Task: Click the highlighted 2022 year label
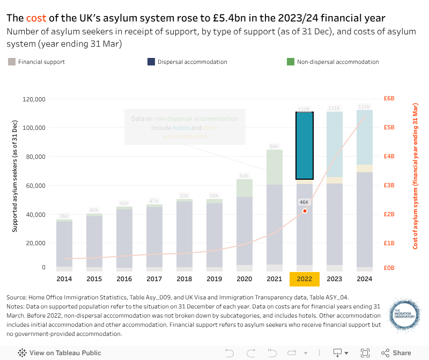[304, 279]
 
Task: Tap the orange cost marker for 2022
[305, 211]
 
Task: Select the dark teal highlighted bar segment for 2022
[305, 145]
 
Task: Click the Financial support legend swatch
[12, 62]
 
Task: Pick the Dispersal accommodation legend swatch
[151, 62]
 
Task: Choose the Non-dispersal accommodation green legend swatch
[291, 62]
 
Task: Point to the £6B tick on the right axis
[389, 99]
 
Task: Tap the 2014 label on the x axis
[64, 279]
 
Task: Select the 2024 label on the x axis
[365, 279]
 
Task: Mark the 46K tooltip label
[304, 202]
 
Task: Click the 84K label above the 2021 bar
[274, 146]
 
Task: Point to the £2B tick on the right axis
[389, 214]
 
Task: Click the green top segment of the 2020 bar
[245, 188]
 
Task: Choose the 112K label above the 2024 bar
[364, 106]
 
